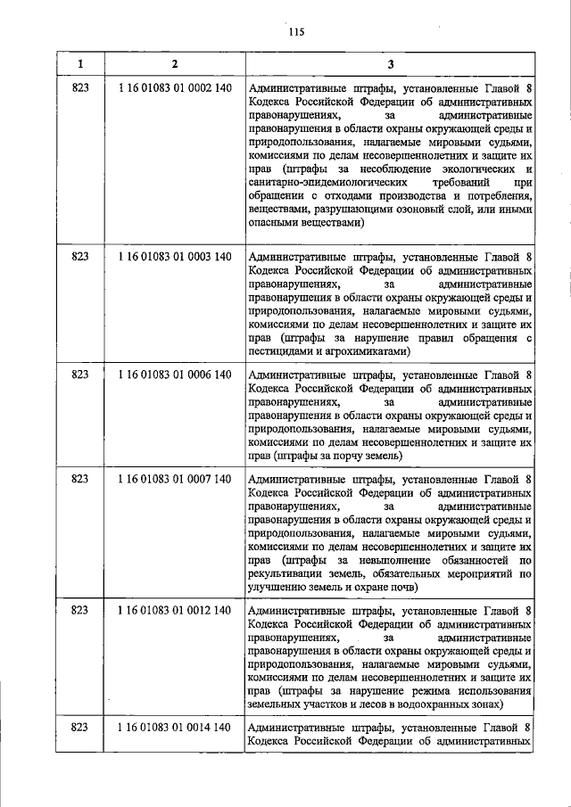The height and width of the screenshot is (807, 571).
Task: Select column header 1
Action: coord(80,64)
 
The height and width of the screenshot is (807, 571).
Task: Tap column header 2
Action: coord(174,64)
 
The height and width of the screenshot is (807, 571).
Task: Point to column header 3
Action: coord(390,64)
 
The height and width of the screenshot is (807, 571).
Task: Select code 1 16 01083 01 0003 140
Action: coord(174,257)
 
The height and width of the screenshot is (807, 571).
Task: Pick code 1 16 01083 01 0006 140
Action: coord(174,375)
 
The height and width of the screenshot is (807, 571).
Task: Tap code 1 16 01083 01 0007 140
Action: coord(174,480)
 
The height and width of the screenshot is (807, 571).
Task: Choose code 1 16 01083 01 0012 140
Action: coord(174,611)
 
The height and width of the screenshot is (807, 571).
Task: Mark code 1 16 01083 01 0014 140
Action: coord(174,729)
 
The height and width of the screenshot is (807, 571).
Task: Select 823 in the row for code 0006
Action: coord(80,375)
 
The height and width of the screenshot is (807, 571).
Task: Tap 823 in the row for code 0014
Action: coord(80,729)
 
